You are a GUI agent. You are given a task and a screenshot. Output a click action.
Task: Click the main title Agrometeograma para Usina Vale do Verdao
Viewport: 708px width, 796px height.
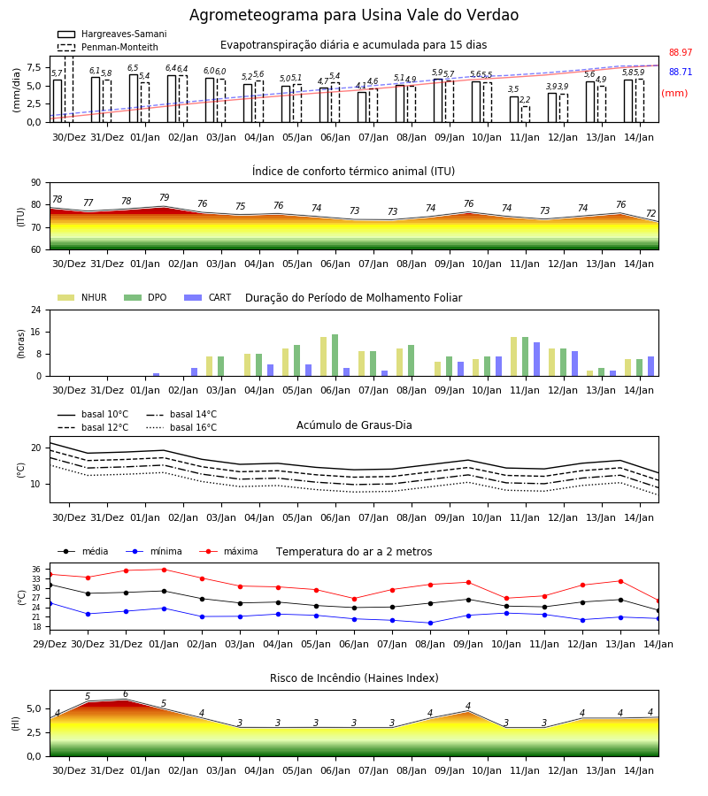point(354,15)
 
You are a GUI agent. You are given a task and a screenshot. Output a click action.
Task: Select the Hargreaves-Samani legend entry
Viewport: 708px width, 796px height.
point(112,34)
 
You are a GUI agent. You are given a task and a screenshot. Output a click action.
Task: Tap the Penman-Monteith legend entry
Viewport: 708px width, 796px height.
point(108,47)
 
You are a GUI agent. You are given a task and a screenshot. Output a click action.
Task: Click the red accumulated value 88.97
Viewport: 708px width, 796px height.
point(681,52)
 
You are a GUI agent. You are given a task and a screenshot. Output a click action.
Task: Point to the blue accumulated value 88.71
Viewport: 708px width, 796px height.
point(681,73)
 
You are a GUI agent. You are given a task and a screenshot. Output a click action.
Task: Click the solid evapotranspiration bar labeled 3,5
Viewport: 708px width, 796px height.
point(514,110)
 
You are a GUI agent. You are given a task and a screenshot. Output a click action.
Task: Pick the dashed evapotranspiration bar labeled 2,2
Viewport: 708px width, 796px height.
point(525,114)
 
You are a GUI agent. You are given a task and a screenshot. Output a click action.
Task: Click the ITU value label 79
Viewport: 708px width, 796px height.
point(164,197)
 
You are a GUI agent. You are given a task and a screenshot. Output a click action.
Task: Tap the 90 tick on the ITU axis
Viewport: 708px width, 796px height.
point(36,183)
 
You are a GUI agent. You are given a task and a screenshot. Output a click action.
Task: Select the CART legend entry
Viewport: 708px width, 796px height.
point(208,297)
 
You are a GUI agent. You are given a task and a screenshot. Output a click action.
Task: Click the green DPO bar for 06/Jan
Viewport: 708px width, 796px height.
point(335,356)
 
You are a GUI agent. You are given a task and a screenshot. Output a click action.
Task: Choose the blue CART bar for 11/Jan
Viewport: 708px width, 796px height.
point(537,359)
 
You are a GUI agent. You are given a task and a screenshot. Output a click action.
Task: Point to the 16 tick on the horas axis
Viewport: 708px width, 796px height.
point(36,332)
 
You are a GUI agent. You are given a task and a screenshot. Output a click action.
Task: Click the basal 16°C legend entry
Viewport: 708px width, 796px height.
point(181,427)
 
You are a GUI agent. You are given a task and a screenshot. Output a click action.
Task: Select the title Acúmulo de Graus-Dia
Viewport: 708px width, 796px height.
point(354,425)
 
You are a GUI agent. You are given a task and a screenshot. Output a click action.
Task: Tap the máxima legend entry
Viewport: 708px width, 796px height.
point(229,551)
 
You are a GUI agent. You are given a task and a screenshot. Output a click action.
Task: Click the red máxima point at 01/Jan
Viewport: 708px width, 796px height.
point(164,570)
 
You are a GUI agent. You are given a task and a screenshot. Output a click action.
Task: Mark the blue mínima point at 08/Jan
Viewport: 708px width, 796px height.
point(431,623)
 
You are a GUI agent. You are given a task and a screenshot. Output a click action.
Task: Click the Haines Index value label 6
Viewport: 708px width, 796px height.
point(126,694)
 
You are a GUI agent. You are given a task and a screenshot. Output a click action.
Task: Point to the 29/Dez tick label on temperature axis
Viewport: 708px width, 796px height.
point(50,644)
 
